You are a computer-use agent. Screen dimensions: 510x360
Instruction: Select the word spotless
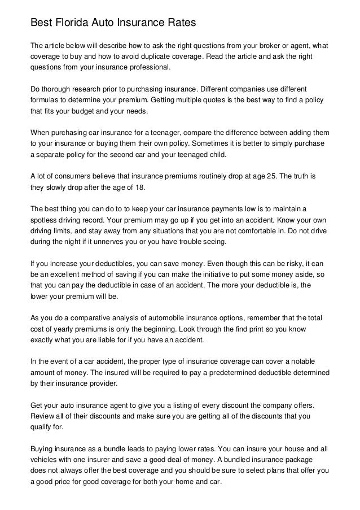43,220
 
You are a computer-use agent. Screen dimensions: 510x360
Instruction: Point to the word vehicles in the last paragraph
44,461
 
